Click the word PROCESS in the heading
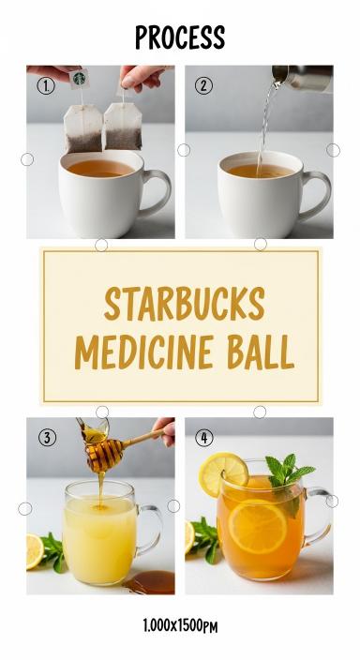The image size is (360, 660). (x=180, y=37)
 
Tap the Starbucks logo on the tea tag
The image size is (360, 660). (x=79, y=78)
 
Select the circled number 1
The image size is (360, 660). (x=46, y=86)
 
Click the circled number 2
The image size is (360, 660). (x=203, y=86)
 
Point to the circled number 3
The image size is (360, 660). (x=47, y=438)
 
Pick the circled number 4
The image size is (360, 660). (x=204, y=438)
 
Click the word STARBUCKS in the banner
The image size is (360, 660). (x=184, y=304)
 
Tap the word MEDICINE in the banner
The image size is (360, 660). (x=143, y=352)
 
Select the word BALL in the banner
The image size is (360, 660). (x=261, y=352)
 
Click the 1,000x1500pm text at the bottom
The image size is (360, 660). (x=180, y=626)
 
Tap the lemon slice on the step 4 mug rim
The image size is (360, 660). (x=223, y=474)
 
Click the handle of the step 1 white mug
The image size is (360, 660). (x=157, y=192)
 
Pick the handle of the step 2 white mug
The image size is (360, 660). (x=316, y=194)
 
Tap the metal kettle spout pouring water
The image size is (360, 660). (x=302, y=78)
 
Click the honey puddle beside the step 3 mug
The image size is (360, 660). (x=150, y=582)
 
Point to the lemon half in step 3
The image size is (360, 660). (x=35, y=552)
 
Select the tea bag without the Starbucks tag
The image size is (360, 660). (x=123, y=127)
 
